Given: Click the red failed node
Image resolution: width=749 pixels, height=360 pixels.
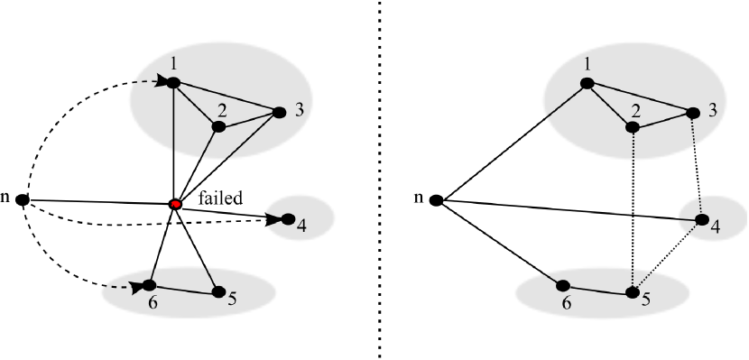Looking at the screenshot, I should (x=176, y=205).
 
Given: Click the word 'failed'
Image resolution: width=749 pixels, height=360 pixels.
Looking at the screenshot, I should (x=221, y=199).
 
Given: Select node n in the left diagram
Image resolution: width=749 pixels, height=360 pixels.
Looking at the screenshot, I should (x=23, y=198).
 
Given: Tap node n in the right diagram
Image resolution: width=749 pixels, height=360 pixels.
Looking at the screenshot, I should (x=436, y=199).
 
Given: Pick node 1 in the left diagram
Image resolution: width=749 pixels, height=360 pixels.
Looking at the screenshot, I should (x=173, y=83).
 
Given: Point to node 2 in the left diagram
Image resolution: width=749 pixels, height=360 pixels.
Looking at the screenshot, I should (x=217, y=127).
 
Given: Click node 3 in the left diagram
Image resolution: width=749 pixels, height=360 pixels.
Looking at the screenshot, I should (x=279, y=112).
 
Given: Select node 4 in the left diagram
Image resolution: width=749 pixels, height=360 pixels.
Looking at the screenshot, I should (x=288, y=218).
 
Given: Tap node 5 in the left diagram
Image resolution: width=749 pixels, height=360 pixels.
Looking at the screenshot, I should (x=217, y=291).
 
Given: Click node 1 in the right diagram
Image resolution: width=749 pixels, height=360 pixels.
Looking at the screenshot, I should (x=587, y=83).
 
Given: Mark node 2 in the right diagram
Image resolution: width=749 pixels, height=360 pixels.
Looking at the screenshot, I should (x=633, y=127).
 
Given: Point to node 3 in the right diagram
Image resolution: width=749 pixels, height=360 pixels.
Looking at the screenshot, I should (x=693, y=114).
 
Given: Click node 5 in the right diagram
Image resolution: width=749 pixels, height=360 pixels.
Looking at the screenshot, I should (x=632, y=292).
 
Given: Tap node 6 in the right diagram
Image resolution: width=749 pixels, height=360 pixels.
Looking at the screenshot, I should (x=564, y=286).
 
